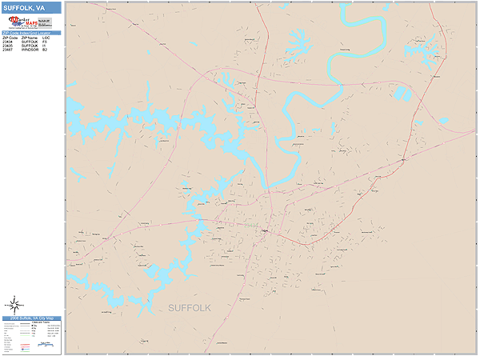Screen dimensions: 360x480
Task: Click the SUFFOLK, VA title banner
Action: click(30, 7)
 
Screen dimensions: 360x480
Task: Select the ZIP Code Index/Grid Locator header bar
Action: click(30, 33)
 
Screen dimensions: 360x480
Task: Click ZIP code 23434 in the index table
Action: click(9, 41)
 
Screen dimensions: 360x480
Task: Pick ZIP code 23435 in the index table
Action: click(9, 45)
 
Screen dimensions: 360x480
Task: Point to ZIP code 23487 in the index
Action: click(9, 49)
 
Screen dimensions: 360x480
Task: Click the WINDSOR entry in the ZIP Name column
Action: click(29, 49)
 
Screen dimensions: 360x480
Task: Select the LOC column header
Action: click(46, 37)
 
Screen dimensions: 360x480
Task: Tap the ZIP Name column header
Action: click(29, 37)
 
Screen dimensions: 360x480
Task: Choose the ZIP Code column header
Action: click(9, 37)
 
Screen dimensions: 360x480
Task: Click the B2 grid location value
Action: click(46, 49)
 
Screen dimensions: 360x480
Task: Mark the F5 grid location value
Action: click(46, 41)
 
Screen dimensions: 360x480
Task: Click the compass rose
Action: click(14, 304)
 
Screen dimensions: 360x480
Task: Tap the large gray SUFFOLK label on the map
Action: click(190, 307)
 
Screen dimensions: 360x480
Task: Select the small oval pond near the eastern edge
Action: click(443, 121)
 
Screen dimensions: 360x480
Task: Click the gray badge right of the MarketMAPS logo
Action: click(45, 22)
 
